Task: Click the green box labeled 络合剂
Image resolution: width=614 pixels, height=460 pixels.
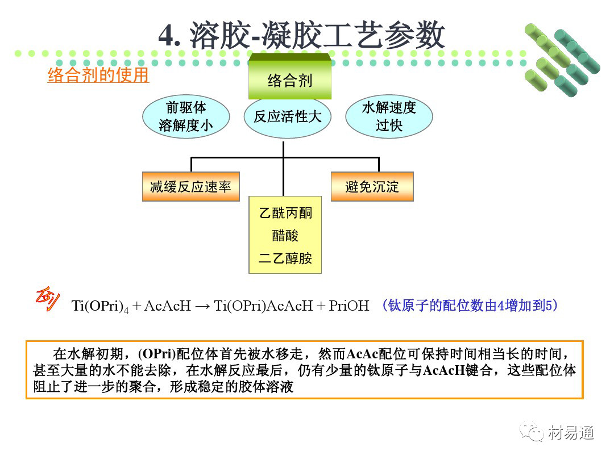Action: tap(289, 80)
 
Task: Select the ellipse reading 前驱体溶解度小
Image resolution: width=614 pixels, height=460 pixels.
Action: tap(186, 117)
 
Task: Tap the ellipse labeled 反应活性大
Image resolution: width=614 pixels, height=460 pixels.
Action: tap(287, 117)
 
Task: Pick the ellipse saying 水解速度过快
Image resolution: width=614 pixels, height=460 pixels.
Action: tap(389, 117)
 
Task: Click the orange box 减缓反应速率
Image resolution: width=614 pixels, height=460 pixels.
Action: tap(190, 187)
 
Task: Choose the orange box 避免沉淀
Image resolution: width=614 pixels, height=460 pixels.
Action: tap(372, 187)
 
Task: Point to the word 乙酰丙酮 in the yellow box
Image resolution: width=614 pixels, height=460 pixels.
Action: tap(285, 214)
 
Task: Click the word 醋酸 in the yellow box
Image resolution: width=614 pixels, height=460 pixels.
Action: tap(285, 236)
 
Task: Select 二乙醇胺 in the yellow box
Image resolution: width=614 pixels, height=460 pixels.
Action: tap(285, 258)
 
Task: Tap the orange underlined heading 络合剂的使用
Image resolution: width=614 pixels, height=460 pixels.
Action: tap(98, 76)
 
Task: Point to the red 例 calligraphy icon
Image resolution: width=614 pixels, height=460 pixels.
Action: tap(47, 300)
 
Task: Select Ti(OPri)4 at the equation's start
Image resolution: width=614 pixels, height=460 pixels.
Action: tap(100, 306)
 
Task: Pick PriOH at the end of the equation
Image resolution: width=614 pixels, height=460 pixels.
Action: tap(349, 306)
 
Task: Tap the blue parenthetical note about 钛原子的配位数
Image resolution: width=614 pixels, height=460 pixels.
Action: tap(470, 306)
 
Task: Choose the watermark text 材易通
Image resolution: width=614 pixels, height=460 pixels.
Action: tap(571, 433)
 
